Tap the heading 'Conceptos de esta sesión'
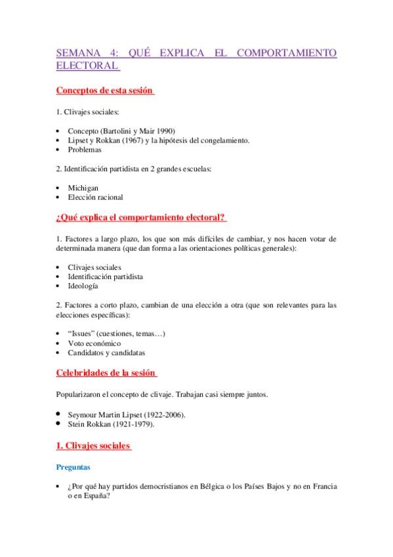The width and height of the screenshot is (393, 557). coord(104,90)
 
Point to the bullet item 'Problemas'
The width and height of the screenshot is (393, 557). coord(85,150)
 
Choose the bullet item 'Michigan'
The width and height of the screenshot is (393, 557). coord(83,187)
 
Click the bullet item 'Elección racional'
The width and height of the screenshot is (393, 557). coord(95,196)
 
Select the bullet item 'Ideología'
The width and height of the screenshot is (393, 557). coord(83,286)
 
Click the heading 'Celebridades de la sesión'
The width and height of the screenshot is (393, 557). coord(106,373)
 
